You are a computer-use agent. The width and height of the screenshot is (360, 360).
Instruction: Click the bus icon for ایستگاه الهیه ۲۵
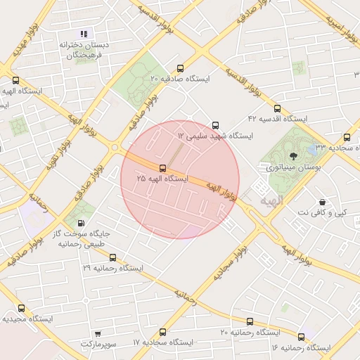click(x=163, y=168)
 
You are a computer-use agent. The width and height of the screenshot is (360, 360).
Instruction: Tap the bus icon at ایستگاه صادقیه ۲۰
click(x=181, y=69)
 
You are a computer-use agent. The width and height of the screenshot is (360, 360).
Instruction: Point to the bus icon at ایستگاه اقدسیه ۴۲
click(x=277, y=109)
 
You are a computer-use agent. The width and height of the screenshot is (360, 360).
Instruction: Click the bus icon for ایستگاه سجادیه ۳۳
click(x=347, y=137)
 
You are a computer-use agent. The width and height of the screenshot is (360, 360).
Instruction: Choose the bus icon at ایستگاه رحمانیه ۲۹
click(x=112, y=257)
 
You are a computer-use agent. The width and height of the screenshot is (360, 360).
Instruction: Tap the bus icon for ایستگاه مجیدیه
click(x=21, y=308)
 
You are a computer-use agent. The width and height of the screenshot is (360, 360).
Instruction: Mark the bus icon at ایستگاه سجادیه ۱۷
click(x=163, y=332)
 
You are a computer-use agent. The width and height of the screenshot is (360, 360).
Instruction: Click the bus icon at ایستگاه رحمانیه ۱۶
click(x=302, y=337)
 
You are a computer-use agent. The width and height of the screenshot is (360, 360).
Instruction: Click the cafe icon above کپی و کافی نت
click(x=322, y=202)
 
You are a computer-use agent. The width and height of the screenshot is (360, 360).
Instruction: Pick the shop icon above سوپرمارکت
click(x=97, y=333)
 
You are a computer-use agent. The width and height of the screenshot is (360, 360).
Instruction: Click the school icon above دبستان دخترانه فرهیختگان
click(x=84, y=33)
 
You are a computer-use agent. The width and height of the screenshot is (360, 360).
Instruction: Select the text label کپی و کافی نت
click(x=323, y=212)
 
